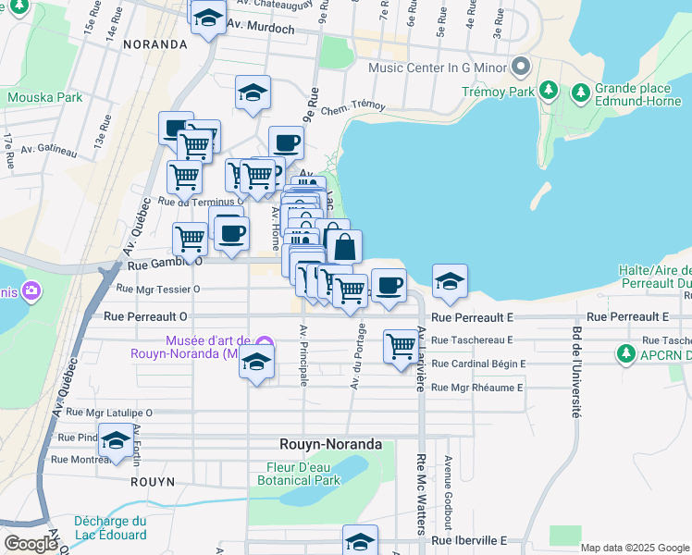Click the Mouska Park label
(x=44, y=97)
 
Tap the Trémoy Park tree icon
(x=550, y=91)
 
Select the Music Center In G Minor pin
(x=520, y=67)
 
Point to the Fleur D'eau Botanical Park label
(x=298, y=474)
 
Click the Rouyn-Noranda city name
(x=331, y=444)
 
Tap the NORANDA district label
(x=154, y=44)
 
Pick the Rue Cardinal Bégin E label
(x=478, y=364)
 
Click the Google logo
(x=31, y=544)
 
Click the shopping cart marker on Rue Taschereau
(x=400, y=347)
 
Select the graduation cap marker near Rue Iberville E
(x=360, y=539)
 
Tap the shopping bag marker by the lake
(x=344, y=246)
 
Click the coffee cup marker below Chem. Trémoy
(x=286, y=142)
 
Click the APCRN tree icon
(x=626, y=353)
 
